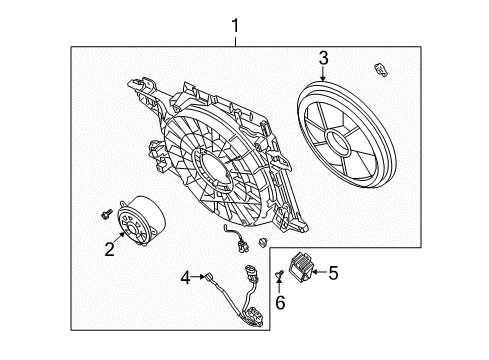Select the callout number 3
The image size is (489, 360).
tap(322, 59)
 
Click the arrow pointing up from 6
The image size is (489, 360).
tap(281, 286)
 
